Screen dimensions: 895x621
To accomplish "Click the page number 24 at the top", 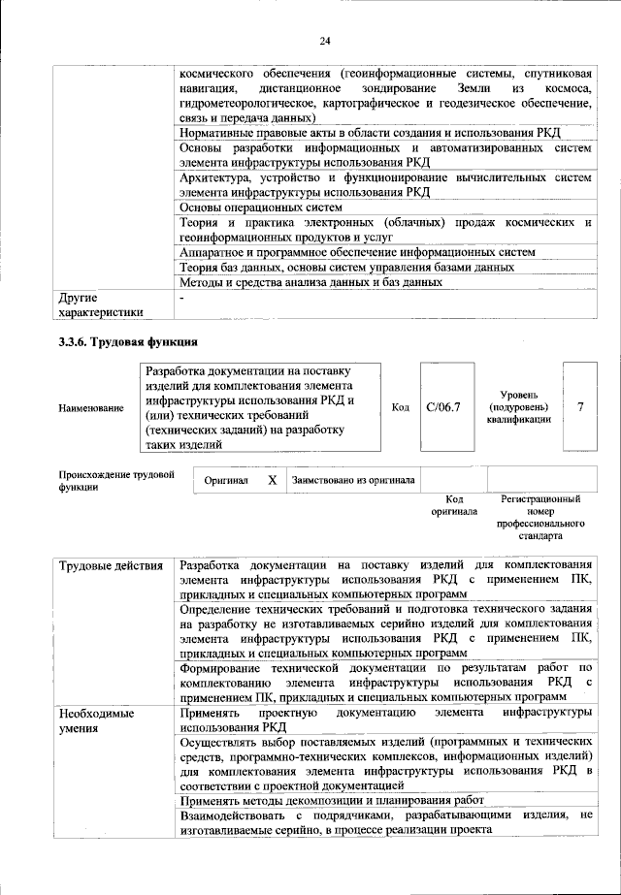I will pos(324,40).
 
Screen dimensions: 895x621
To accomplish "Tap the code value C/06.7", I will pos(442,407).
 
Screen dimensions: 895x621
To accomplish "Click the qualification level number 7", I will pos(580,407).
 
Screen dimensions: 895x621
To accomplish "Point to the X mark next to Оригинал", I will pos(273,480).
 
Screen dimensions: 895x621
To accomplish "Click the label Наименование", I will pos(91,408).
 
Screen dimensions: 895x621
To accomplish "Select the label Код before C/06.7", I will pos(400,407).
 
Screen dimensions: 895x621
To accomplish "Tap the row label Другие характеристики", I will pos(101,304).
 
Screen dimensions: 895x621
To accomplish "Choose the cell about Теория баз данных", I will pos(346,267).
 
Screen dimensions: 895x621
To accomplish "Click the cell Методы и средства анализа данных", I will pos(310,282).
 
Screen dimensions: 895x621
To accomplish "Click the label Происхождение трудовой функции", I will pos(116,481).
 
